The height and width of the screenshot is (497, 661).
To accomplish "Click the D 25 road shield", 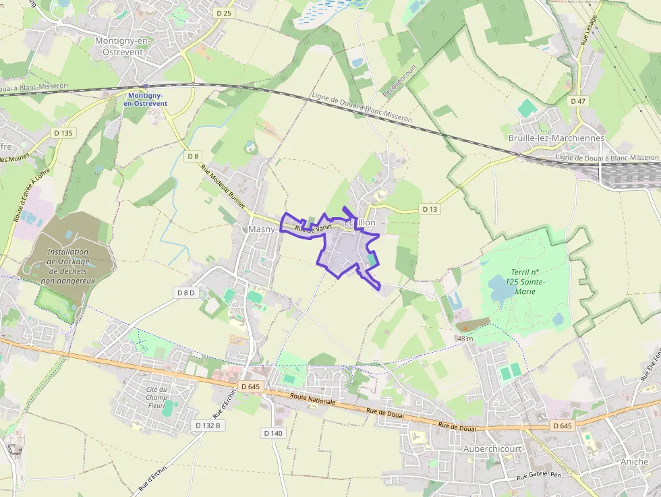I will (x=224, y=13).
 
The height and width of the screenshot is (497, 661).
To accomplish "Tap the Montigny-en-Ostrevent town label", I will (x=123, y=46).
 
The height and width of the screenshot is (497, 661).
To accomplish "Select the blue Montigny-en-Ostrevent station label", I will (x=146, y=99).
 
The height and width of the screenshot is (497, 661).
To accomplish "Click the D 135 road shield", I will (x=63, y=133).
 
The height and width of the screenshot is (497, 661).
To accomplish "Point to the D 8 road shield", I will (x=194, y=156).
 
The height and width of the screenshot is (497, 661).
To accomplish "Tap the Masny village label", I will (x=262, y=229).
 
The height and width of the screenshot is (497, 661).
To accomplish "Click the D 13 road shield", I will (x=430, y=209).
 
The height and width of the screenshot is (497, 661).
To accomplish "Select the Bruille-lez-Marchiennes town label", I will (x=556, y=138).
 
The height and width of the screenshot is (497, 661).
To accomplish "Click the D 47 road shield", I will (x=578, y=101).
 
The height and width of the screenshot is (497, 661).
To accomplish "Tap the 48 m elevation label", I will (x=465, y=338).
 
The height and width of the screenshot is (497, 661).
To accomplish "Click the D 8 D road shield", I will (x=186, y=293).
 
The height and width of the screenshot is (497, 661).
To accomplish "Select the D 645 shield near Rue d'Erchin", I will (x=250, y=386).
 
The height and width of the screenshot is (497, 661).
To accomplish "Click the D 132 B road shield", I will (x=208, y=426).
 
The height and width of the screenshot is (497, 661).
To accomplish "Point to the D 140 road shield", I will (x=273, y=433).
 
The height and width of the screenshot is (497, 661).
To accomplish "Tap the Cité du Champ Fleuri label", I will (x=156, y=397).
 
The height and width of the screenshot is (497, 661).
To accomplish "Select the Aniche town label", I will (x=634, y=462).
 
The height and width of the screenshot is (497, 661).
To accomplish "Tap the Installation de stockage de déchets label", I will (x=68, y=266).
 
